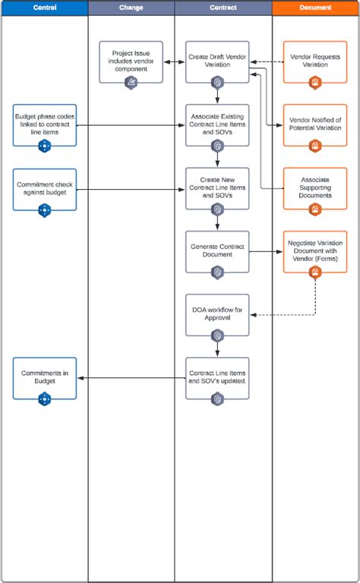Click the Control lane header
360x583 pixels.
click(x=44, y=8)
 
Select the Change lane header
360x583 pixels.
click(x=131, y=8)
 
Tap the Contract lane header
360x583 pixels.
click(x=223, y=8)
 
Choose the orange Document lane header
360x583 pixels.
click(x=315, y=8)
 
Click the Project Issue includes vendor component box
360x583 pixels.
click(x=131, y=61)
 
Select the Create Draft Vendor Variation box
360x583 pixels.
click(x=217, y=61)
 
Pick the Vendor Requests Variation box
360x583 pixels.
click(x=315, y=61)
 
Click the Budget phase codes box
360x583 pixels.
click(x=45, y=124)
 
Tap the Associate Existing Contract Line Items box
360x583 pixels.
click(x=217, y=124)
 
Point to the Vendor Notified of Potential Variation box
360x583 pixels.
click(x=315, y=124)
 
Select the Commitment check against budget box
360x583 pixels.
click(x=45, y=188)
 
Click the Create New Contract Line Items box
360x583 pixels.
click(x=217, y=188)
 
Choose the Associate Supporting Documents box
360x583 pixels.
click(x=315, y=188)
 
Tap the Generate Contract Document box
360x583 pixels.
click(x=217, y=251)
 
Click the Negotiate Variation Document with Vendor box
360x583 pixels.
click(x=315, y=251)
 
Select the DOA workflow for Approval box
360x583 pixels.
click(x=217, y=314)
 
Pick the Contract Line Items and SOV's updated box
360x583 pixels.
click(x=217, y=377)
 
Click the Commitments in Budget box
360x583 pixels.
click(x=45, y=377)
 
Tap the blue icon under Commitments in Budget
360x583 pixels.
click(x=45, y=399)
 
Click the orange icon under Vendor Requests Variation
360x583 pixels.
click(x=315, y=82)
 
